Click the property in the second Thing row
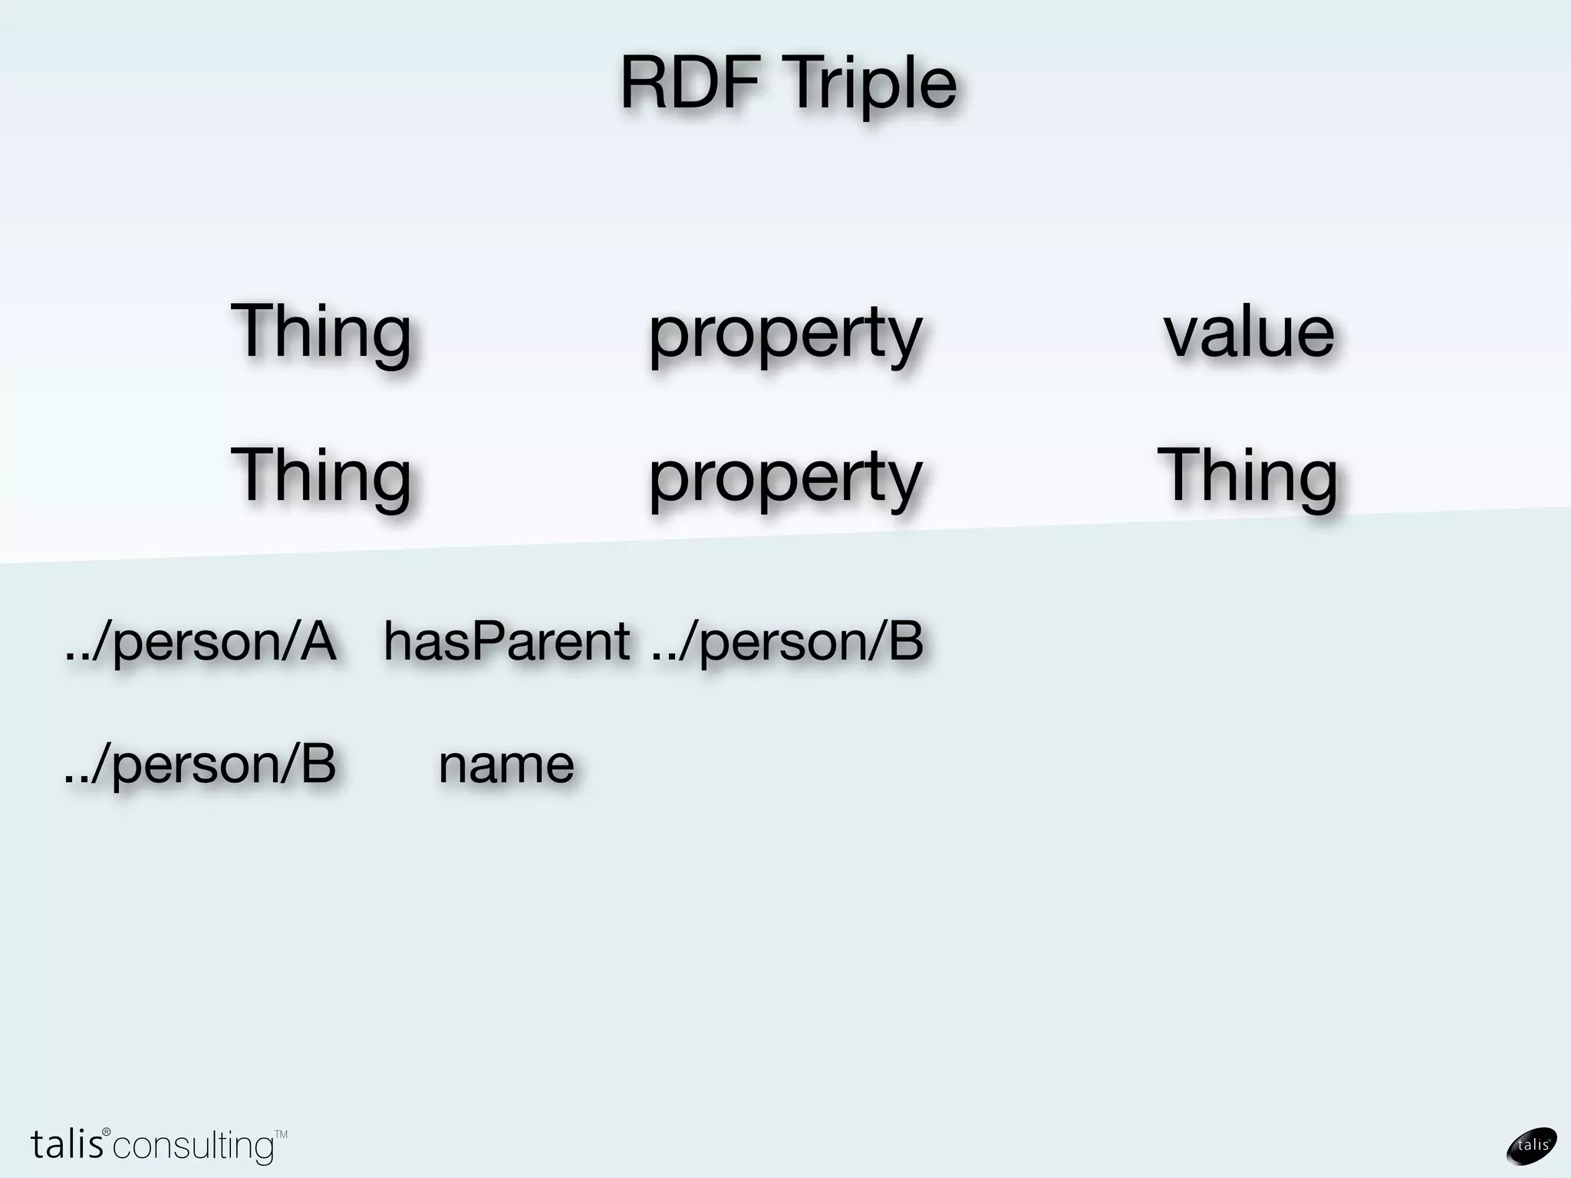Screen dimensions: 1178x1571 pos(785,479)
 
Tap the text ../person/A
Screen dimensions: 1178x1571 pos(200,643)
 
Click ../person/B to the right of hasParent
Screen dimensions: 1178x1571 pos(787,643)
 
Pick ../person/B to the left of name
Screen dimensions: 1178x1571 pos(200,765)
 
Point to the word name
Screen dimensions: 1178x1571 pos(506,765)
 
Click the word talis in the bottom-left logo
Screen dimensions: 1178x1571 pos(68,1144)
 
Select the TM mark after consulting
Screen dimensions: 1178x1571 pos(281,1134)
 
